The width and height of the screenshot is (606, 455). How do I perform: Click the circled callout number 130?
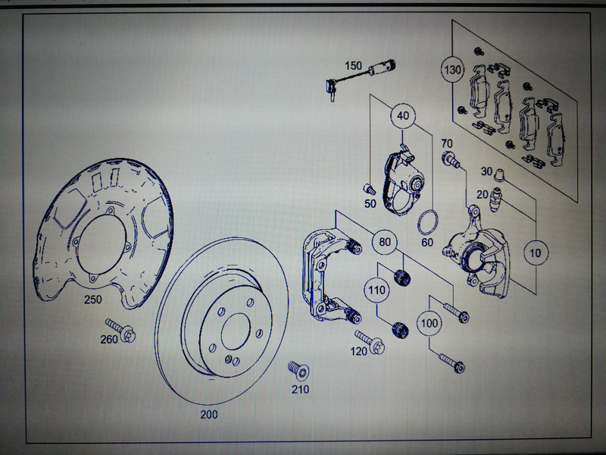[x=452, y=71]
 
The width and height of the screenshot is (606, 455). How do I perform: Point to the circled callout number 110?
[x=376, y=289]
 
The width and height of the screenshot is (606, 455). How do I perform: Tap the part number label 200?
[x=209, y=415]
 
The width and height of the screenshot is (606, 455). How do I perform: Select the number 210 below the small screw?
[x=301, y=391]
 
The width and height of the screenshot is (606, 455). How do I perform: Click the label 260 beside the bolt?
[x=108, y=339]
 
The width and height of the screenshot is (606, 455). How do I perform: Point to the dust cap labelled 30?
[x=499, y=176]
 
